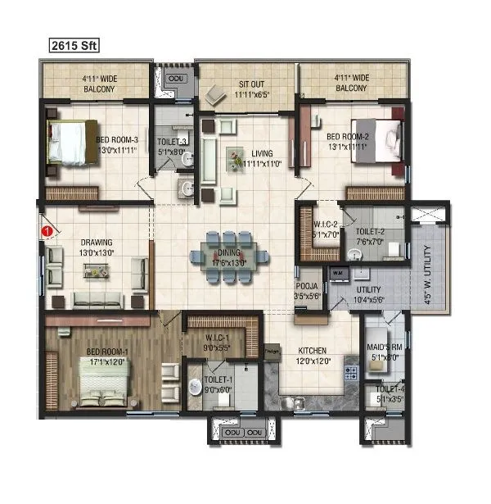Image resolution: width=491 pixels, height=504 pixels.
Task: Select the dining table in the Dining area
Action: pos(230,259)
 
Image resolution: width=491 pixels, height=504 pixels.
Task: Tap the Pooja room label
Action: pos(307,290)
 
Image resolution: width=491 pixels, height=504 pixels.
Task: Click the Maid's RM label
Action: pos(385,352)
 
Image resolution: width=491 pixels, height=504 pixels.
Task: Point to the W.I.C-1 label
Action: pos(217,343)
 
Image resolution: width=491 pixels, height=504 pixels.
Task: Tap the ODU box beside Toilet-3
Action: pos(175,77)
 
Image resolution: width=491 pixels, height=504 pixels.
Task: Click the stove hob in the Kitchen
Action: pos(351,373)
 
